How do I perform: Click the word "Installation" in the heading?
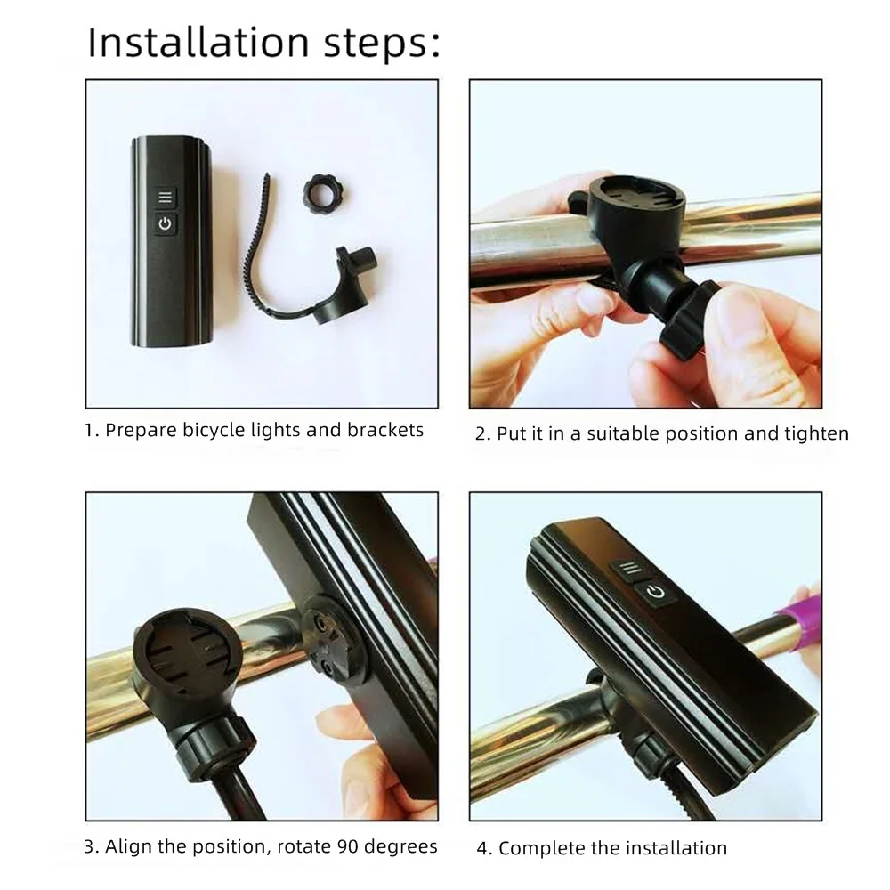(x=198, y=43)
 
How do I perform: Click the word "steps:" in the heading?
(x=382, y=44)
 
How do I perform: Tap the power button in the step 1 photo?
(x=166, y=223)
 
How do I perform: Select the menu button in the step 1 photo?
(x=166, y=198)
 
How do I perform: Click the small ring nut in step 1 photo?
(x=325, y=191)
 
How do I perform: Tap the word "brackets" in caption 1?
(x=385, y=430)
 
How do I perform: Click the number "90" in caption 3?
(x=347, y=846)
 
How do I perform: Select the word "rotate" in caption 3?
(x=303, y=847)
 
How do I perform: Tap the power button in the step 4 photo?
(x=655, y=593)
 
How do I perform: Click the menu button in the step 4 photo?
(x=628, y=569)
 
